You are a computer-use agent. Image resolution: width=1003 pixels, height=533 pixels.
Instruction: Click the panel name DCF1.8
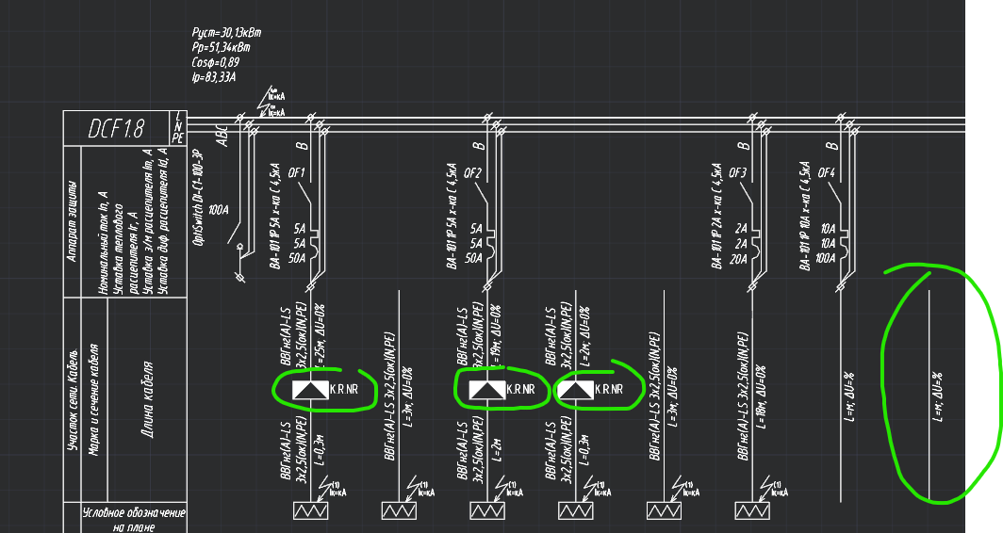116,129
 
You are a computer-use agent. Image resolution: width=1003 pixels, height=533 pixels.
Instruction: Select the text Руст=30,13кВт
226,32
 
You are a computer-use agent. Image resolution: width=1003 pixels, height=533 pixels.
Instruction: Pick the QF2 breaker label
472,173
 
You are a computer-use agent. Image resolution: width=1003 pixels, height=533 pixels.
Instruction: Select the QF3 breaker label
737,173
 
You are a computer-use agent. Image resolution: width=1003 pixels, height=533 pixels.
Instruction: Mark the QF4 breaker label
827,173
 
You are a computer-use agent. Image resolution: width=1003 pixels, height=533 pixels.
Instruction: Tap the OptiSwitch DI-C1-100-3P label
199,197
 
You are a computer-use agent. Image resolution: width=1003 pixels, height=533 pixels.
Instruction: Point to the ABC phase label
222,136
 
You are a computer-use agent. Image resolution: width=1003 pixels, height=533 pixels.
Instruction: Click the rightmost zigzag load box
754,510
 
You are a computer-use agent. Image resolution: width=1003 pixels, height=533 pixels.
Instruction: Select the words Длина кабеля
148,399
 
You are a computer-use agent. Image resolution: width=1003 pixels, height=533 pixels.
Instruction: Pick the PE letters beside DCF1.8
177,137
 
